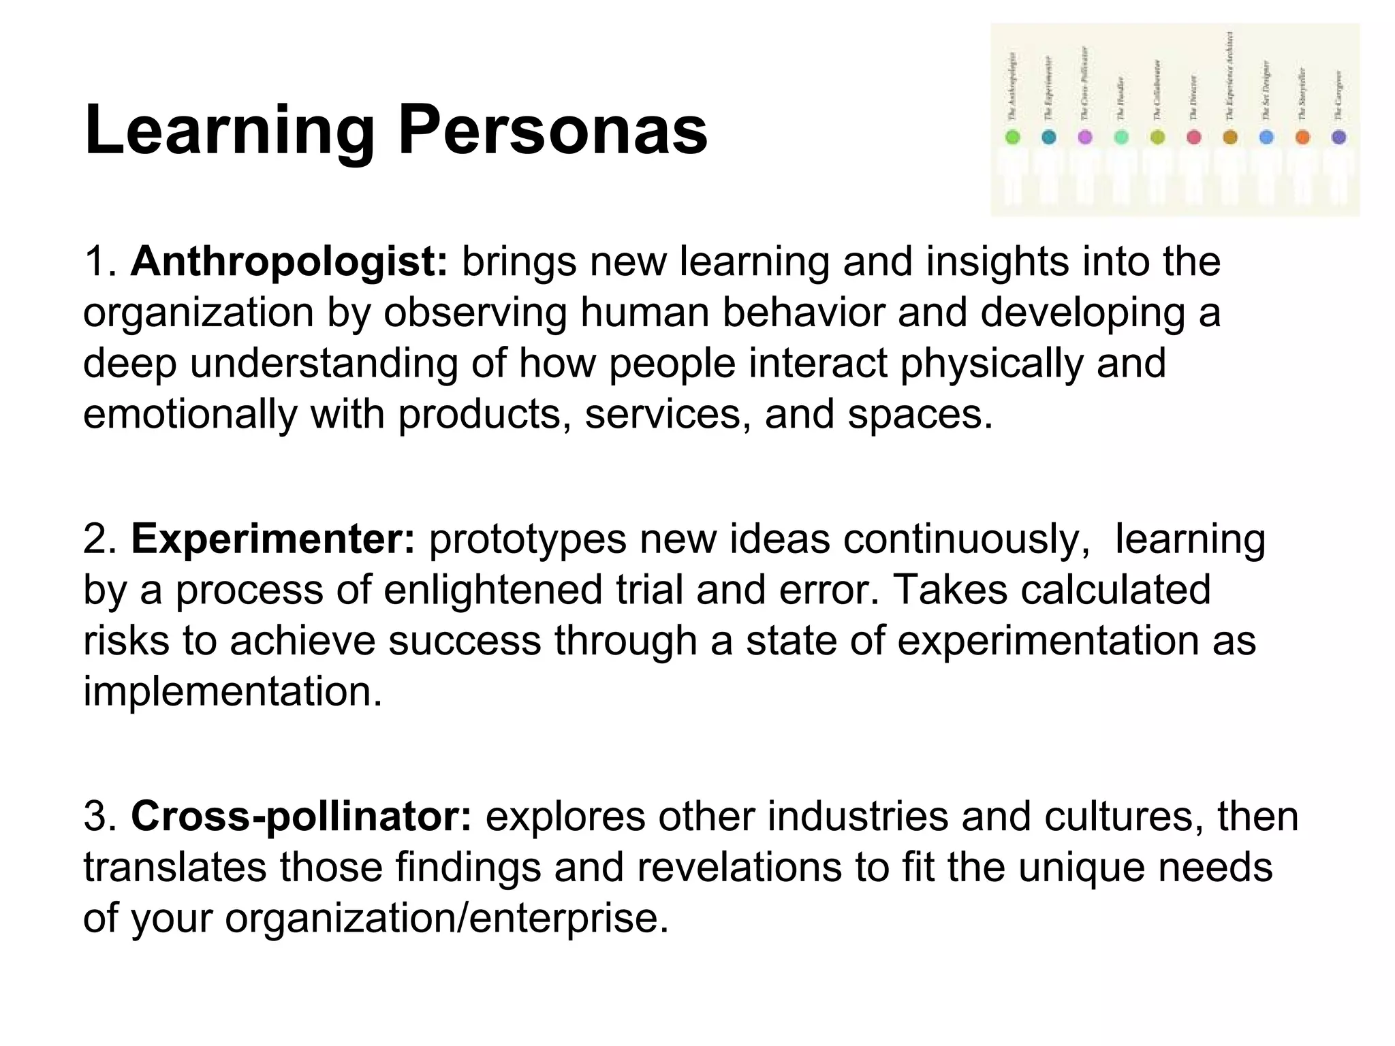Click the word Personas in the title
point(552,130)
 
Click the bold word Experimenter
point(272,539)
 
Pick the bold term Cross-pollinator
point(301,816)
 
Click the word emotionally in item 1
point(190,414)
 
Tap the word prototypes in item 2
point(527,539)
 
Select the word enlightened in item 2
point(492,590)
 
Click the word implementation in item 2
point(232,691)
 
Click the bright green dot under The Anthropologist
point(1013,137)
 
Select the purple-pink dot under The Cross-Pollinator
point(1085,137)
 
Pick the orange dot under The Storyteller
point(1302,137)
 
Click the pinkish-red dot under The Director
point(1193,137)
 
